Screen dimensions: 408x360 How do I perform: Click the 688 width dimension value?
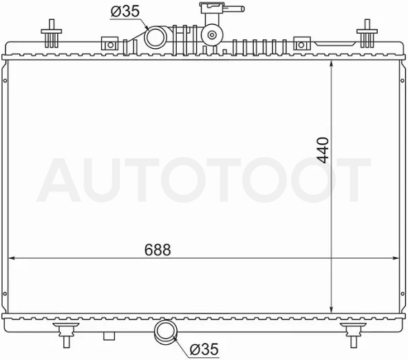[x=158, y=250]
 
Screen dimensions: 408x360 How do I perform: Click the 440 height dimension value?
[x=323, y=150]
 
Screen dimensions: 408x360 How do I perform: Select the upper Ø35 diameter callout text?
[x=125, y=12]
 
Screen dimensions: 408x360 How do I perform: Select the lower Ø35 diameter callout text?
[x=204, y=349]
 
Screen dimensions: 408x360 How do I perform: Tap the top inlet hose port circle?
[x=155, y=37]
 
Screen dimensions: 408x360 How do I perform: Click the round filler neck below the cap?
[x=212, y=34]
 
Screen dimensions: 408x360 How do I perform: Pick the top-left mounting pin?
[x=52, y=33]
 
